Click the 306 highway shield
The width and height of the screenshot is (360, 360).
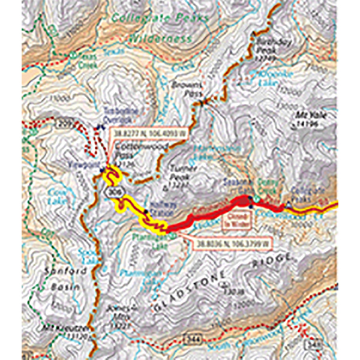click(108, 191)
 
